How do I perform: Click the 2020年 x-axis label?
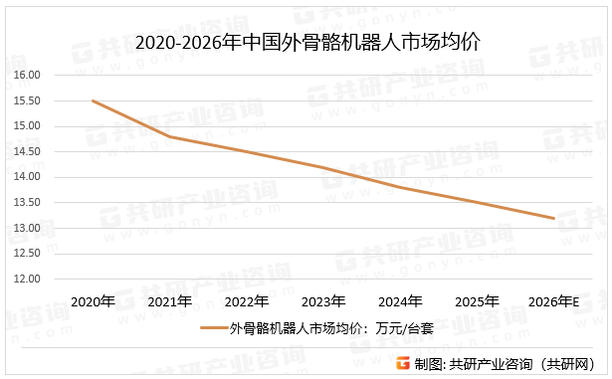tap(94, 300)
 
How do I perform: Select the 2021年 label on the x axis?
tap(170, 300)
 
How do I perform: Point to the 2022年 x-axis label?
tap(247, 300)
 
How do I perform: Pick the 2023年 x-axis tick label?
tap(323, 300)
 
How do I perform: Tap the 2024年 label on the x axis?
tap(400, 300)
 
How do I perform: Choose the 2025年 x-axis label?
tap(477, 300)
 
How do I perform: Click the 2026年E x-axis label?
tap(554, 300)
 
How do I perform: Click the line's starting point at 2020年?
tap(93, 100)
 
